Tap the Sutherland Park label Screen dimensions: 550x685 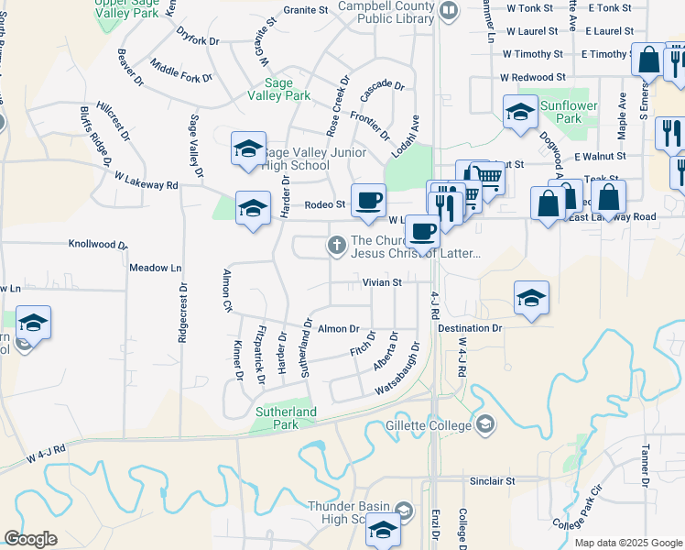coord(287,418)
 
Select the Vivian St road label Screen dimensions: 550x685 coord(382,283)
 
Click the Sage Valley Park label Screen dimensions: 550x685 coord(281,89)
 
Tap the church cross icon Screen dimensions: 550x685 coord(336,244)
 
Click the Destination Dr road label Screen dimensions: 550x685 coord(470,327)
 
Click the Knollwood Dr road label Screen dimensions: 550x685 coord(98,245)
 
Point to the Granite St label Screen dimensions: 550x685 coord(305,10)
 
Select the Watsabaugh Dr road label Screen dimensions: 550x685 coord(397,369)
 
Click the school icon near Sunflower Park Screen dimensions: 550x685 coord(520,113)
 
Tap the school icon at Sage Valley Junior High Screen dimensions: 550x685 coord(247,150)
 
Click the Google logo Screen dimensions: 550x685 coord(30,539)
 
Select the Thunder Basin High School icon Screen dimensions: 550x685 coord(383,531)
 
